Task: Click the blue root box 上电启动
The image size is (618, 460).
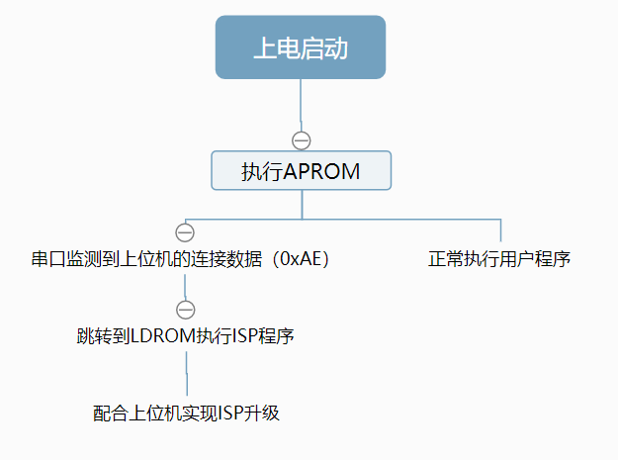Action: (x=301, y=46)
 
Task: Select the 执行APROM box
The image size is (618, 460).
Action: (x=301, y=170)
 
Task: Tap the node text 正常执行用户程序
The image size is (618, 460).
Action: (x=499, y=259)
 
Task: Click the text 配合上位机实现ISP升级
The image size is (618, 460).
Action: (x=187, y=414)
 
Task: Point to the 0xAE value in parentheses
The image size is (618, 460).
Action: (x=299, y=259)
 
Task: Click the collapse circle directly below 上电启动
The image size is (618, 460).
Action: (x=302, y=139)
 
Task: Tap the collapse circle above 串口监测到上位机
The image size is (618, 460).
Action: (x=184, y=232)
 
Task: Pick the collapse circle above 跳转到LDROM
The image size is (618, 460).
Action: (x=185, y=308)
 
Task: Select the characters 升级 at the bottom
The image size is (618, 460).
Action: (x=263, y=414)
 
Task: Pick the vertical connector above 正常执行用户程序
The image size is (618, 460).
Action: (x=500, y=230)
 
